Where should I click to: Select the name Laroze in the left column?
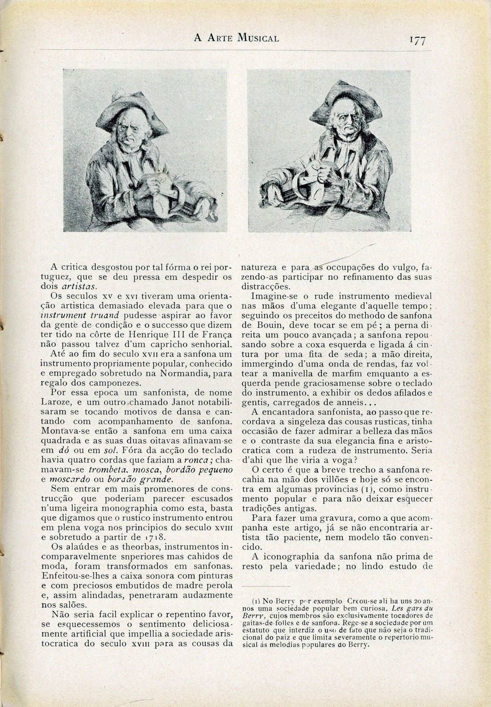point(64,403)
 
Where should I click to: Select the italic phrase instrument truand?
point(80,316)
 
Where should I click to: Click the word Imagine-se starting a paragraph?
point(274,296)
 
